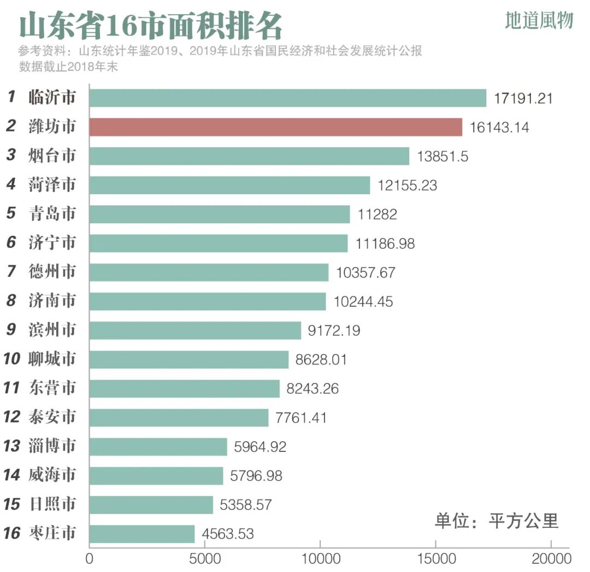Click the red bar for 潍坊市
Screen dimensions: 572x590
click(275, 127)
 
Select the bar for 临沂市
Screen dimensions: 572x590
click(287, 98)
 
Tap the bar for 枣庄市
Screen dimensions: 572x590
click(142, 533)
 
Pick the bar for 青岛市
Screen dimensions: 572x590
click(219, 214)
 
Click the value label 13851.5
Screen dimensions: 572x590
click(442, 156)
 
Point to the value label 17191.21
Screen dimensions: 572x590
click(523, 98)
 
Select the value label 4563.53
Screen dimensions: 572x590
click(228, 533)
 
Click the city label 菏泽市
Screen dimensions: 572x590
click(52, 185)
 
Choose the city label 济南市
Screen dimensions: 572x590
click(52, 301)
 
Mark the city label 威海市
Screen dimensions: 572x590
click(52, 475)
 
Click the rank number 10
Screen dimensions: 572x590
click(11, 359)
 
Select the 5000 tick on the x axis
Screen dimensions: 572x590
click(204, 559)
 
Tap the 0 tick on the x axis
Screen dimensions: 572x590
click(90, 559)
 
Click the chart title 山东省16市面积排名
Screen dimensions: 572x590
click(151, 26)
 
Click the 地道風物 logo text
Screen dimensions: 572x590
click(539, 21)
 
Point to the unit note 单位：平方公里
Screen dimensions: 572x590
click(497, 521)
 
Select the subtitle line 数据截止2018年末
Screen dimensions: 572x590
click(69, 67)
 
